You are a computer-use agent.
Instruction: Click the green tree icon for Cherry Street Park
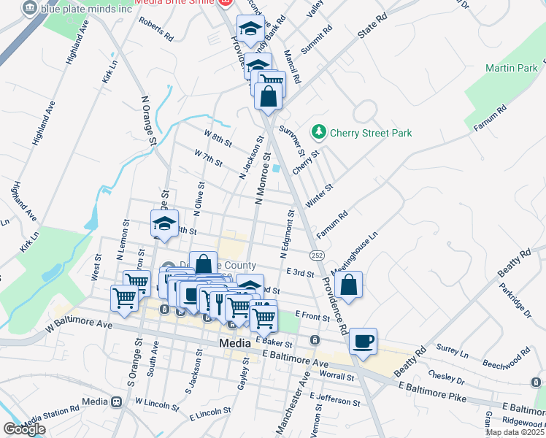pyautogui.click(x=318, y=132)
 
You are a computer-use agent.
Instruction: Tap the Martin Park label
pyautogui.click(x=510, y=68)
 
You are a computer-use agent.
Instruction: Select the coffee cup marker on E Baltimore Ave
pyautogui.click(x=363, y=341)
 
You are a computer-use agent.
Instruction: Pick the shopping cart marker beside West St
pyautogui.click(x=124, y=298)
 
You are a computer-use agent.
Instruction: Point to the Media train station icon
pyautogui.click(x=116, y=402)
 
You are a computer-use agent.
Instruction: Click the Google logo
pyautogui.click(x=24, y=429)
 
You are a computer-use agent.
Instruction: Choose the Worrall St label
pyautogui.click(x=337, y=377)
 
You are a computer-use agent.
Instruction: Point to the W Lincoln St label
pyautogui.click(x=156, y=402)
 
